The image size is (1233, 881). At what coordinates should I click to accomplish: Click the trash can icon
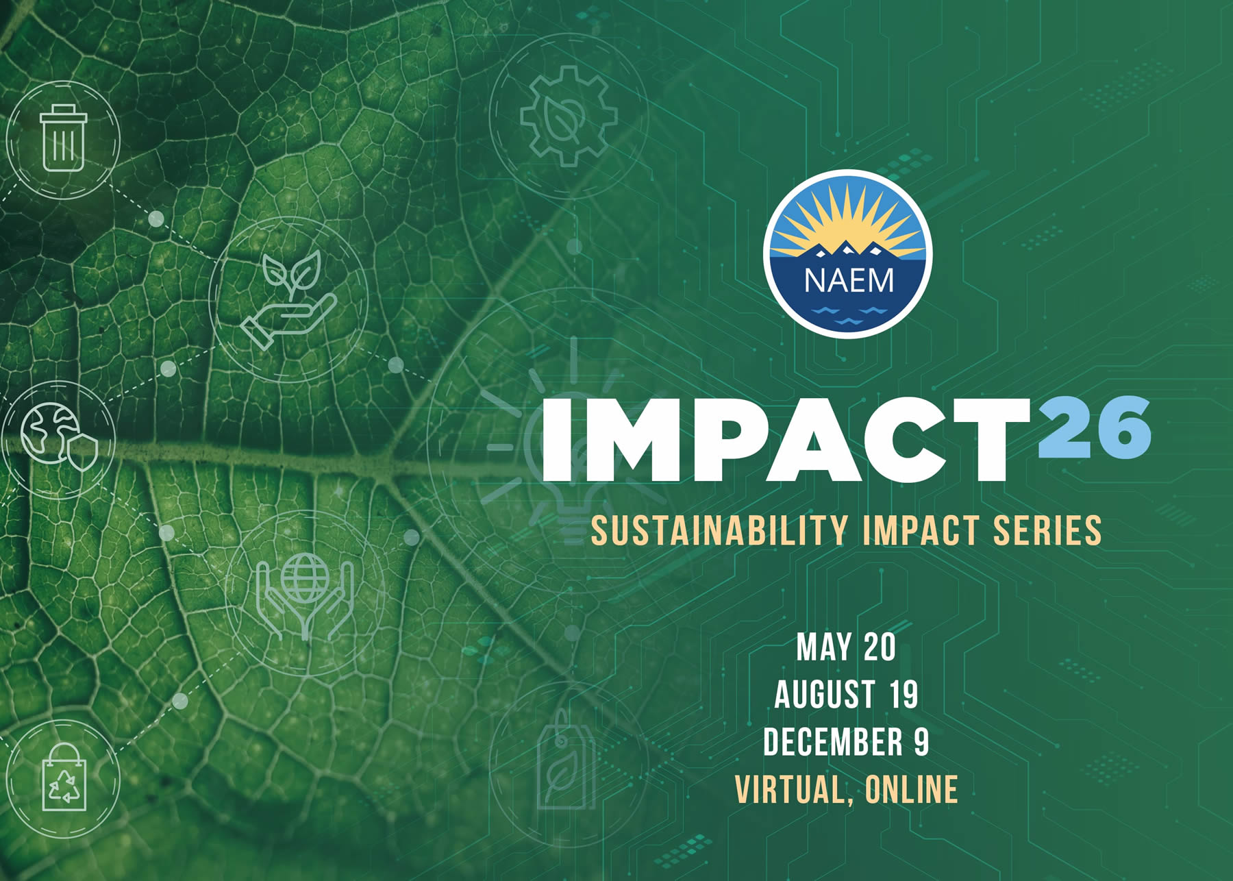pos(63,138)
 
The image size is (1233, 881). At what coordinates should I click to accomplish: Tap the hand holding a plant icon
pos(288,299)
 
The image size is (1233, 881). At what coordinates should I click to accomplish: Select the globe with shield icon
pos(59,438)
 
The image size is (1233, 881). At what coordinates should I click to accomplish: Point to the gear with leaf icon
pos(569,116)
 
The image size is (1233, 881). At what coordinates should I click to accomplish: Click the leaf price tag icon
pos(566,760)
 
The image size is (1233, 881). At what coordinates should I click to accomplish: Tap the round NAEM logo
pos(848,253)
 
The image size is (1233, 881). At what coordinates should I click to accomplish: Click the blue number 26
pos(1094,427)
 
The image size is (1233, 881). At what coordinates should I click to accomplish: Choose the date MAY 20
pos(846,647)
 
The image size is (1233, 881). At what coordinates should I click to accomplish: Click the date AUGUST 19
pos(846,695)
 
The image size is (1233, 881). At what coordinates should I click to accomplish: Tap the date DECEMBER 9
pos(846,742)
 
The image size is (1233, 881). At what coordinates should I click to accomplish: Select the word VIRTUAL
pos(795,790)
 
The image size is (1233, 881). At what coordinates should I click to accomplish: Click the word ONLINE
pos(911,789)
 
